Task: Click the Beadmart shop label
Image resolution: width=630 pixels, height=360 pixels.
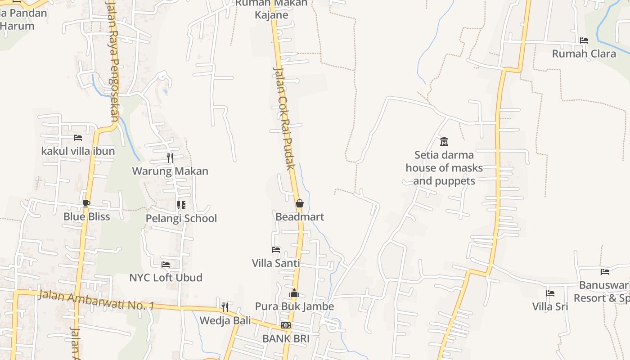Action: tap(300, 217)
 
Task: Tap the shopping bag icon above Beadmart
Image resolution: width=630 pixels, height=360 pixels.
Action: tap(300, 204)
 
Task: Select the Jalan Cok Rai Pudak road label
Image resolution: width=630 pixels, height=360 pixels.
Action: tap(284, 119)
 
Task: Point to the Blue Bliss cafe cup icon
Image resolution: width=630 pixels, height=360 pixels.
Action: tap(86, 203)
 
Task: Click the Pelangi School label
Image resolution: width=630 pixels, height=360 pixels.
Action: tap(181, 219)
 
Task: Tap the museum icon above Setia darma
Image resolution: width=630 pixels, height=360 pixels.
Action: tap(444, 142)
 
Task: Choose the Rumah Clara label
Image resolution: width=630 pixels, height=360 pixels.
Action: tap(584, 54)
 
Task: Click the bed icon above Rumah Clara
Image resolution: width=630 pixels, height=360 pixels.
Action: tap(584, 40)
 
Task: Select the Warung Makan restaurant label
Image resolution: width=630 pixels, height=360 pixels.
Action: tap(170, 171)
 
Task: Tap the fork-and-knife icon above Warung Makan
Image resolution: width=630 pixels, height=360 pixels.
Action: tap(170, 157)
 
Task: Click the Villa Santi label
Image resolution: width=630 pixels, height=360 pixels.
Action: tap(276, 263)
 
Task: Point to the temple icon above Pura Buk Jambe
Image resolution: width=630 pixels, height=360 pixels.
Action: tap(294, 293)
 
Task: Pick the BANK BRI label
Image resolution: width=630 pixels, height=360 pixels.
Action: tap(286, 338)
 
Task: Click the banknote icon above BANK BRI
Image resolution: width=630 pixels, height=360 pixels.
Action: tap(286, 325)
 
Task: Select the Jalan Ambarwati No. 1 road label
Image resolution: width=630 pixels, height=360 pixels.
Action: tap(96, 300)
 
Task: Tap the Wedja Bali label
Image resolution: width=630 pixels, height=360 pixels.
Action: tap(225, 321)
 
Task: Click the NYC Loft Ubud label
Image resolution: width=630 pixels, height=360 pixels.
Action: tap(166, 278)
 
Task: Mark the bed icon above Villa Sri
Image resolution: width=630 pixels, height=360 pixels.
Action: tap(550, 293)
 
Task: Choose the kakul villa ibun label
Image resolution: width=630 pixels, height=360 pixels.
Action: tap(78, 151)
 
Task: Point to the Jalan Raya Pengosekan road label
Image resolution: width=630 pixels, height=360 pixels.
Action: tap(112, 61)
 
